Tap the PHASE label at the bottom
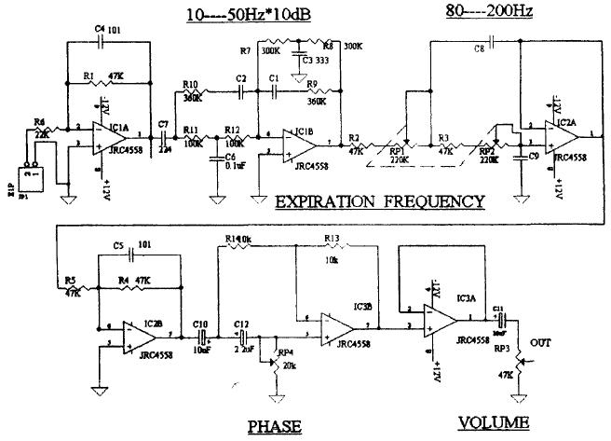pyautogui.click(x=274, y=426)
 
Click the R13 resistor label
pyautogui.click(x=332, y=239)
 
